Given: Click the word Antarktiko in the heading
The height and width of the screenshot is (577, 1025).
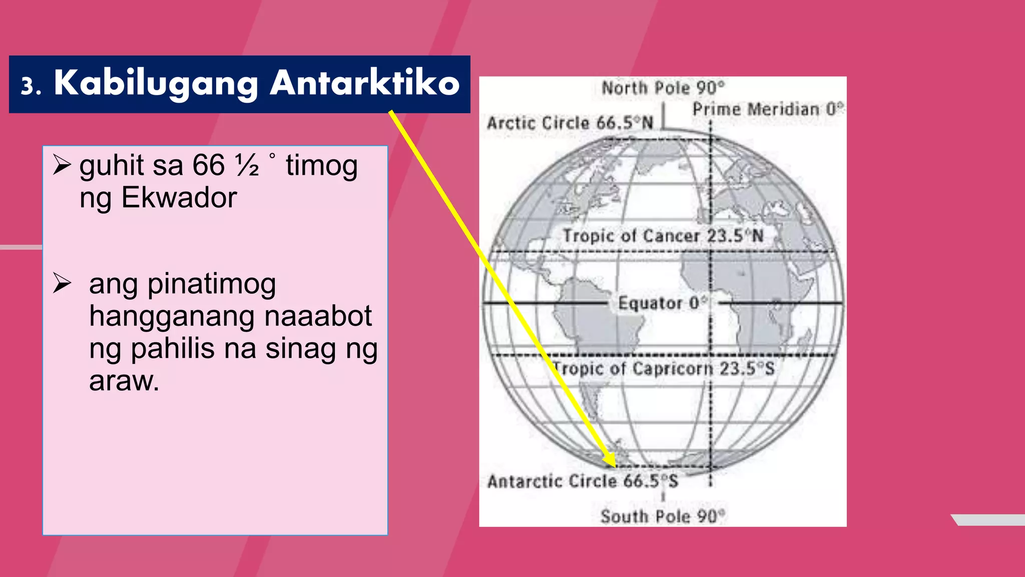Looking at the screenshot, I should coord(364,83).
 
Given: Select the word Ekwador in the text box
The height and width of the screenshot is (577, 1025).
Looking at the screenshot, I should coord(179,198).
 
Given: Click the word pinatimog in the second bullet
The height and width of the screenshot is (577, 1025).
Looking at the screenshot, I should coord(212,284).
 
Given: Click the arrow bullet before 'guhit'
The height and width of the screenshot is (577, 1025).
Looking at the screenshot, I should coord(62,165).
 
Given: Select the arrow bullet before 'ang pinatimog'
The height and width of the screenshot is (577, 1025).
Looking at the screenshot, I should coord(62,283).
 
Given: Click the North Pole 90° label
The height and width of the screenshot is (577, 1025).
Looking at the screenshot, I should coord(663,88).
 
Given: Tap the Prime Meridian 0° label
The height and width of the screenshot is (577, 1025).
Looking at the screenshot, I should coord(768,109).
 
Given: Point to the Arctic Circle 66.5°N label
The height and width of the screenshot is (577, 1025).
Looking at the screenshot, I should coord(570,123).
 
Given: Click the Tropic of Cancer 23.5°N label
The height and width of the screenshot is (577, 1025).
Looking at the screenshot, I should coord(663,236).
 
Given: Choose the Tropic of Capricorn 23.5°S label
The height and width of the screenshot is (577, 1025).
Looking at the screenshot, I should coord(664,369).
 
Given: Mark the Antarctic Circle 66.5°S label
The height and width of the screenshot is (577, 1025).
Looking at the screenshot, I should coord(583,481).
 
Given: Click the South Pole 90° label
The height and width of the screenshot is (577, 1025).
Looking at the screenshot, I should coord(663,516).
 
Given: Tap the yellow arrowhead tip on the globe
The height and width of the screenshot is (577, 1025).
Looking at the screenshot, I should coord(614,465).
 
